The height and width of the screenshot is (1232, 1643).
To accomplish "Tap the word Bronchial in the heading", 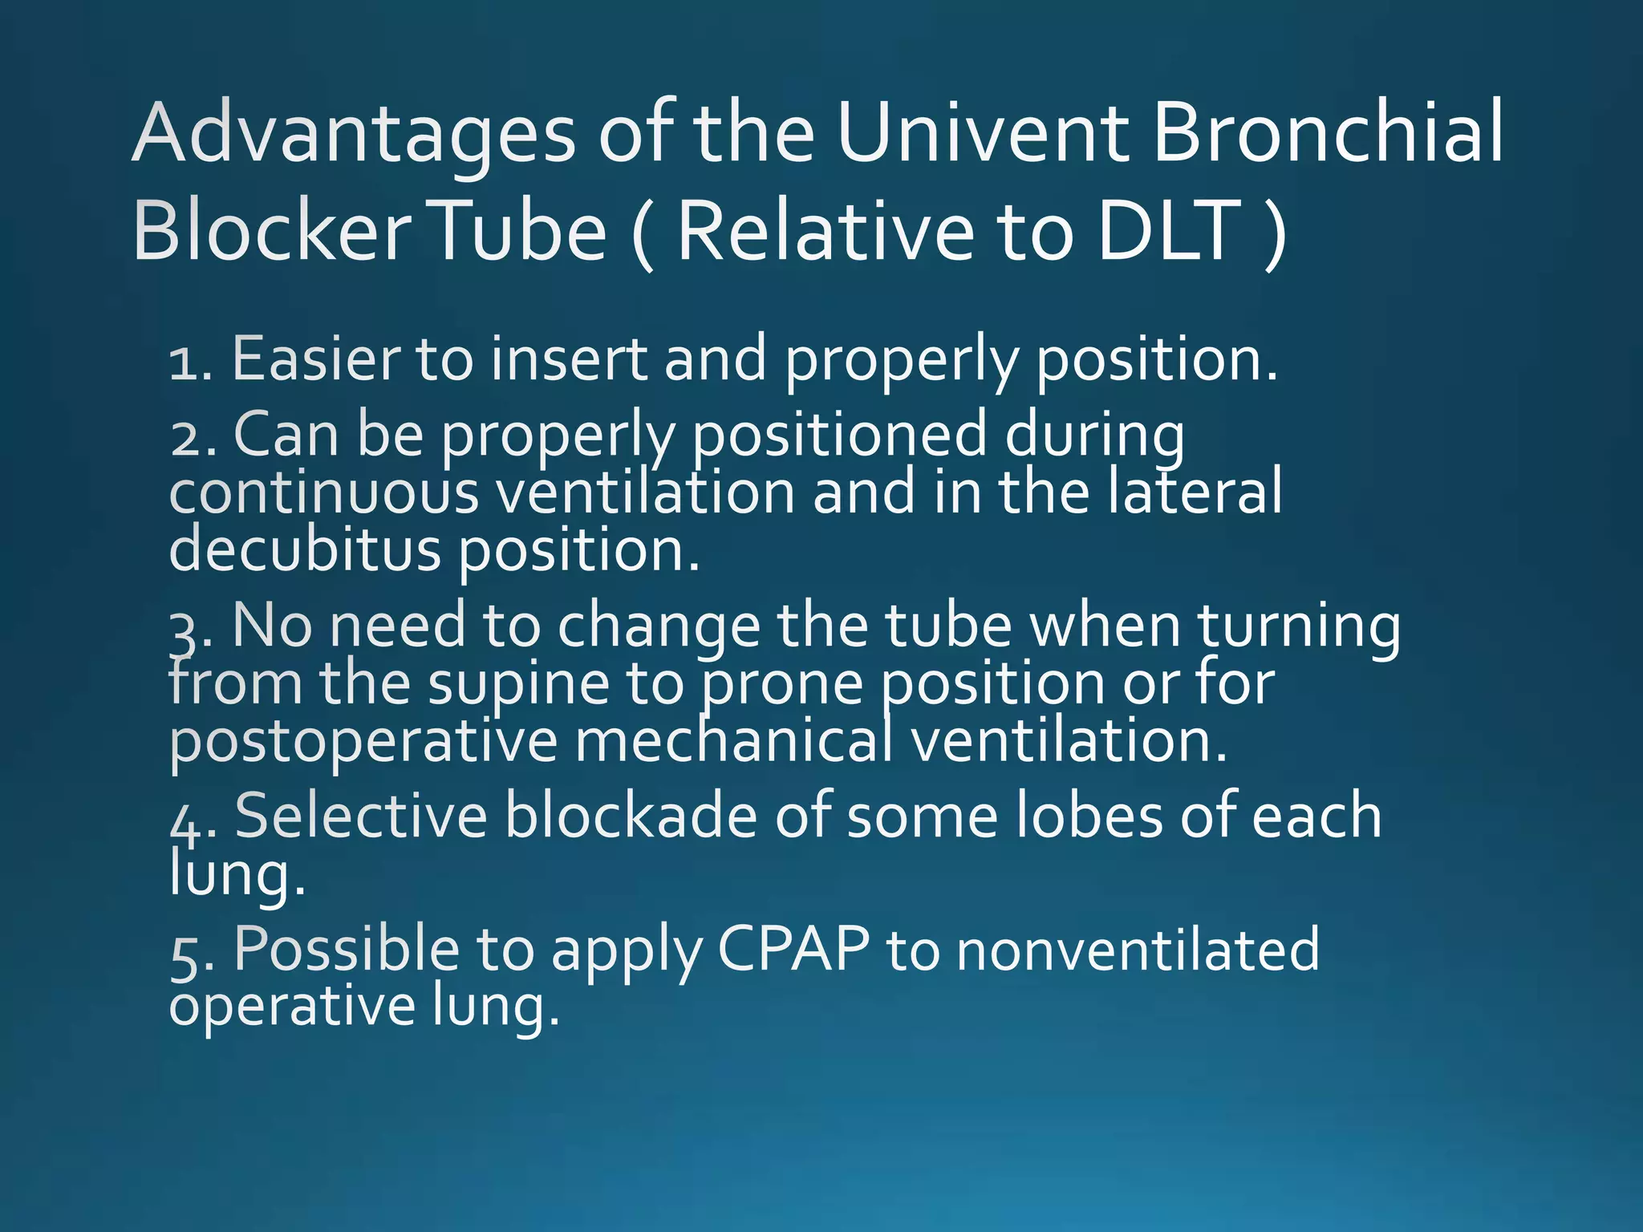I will [1328, 132].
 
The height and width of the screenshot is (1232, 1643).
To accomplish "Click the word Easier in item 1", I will [314, 359].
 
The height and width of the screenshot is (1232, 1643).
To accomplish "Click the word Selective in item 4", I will [360, 815].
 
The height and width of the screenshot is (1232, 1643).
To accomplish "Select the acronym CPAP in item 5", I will [793, 950].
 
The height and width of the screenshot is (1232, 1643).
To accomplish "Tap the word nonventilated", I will [1138, 950].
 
